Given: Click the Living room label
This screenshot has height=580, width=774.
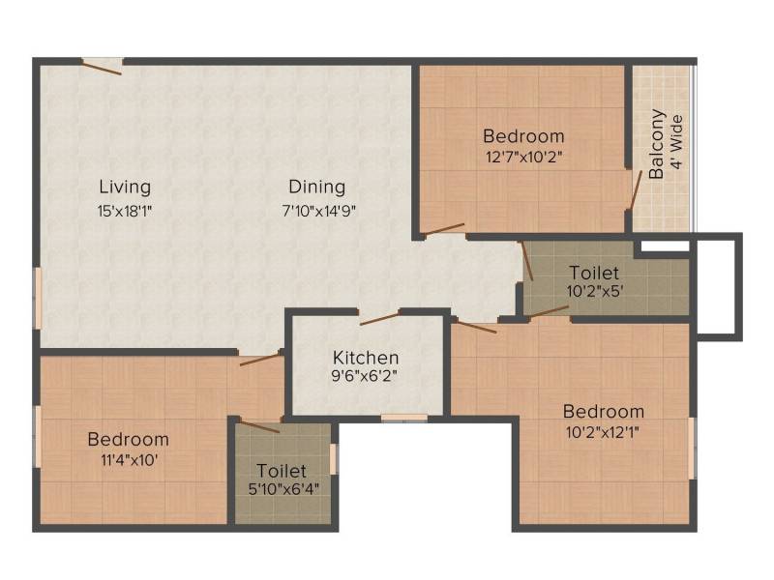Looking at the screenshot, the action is click(125, 188).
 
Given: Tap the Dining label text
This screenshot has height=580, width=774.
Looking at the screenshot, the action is click(317, 188).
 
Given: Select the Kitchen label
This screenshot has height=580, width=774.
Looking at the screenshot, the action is click(366, 358).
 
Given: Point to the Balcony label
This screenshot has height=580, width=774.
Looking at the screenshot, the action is click(657, 144).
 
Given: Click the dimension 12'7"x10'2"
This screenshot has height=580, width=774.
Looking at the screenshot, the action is click(524, 158).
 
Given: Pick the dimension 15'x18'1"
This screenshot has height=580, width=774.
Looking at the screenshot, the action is click(125, 212).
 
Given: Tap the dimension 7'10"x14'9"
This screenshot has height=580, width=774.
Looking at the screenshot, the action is click(319, 212).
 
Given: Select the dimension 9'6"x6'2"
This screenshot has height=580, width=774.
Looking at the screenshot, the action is click(365, 376).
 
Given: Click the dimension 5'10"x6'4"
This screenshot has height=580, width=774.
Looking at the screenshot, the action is click(283, 489).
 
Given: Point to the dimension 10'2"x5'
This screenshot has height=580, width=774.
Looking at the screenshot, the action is click(595, 291).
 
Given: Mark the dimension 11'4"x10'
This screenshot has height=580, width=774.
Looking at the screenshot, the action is click(130, 461).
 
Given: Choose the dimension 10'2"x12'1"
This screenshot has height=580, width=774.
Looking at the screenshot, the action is click(603, 433).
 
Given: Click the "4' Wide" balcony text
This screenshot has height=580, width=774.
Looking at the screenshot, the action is click(677, 142).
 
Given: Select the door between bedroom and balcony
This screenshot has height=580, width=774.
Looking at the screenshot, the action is click(635, 189).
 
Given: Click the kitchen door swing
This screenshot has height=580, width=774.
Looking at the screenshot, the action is click(379, 318).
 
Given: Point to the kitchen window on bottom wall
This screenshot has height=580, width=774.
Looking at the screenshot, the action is click(404, 419).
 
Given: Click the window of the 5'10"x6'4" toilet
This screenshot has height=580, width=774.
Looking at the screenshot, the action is click(334, 458).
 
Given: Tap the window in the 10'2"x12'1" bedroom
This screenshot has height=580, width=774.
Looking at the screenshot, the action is click(693, 448).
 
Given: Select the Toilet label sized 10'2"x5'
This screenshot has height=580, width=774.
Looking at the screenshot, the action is click(594, 273).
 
